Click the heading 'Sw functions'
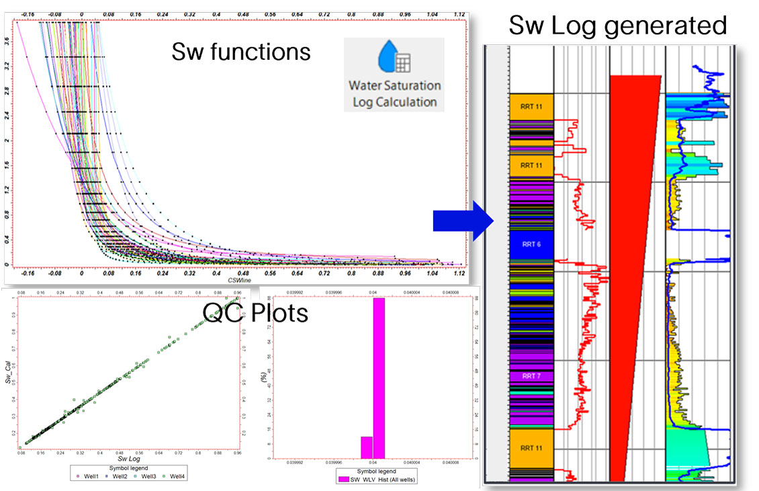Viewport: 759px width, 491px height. [x=241, y=51]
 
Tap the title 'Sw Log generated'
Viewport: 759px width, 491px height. [x=617, y=26]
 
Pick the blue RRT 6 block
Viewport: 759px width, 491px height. [x=531, y=245]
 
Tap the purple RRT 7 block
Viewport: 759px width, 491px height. [x=531, y=376]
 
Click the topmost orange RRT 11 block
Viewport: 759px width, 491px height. [x=531, y=107]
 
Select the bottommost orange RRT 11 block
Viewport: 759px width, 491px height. [x=531, y=447]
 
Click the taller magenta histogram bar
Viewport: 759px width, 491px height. [x=379, y=377]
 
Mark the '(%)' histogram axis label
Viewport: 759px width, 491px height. [x=263, y=388]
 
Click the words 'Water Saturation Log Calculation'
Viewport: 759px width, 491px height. [x=394, y=94]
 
